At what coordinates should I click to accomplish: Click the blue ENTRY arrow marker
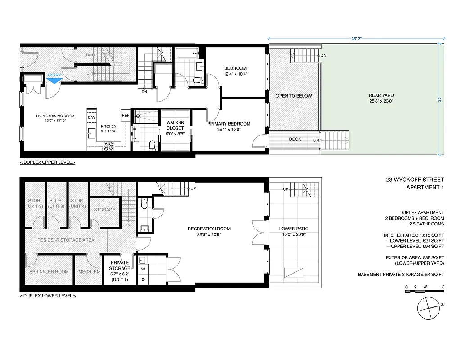tap(54, 80)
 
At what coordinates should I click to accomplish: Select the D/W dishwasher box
tap(92, 117)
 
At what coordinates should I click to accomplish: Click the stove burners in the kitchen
tap(109, 146)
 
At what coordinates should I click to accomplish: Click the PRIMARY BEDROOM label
tap(228, 124)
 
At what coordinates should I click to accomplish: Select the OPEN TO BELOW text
tap(294, 96)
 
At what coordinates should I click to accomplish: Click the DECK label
tap(295, 139)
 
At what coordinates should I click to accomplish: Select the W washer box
tap(143, 269)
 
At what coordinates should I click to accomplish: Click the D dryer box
tap(143, 279)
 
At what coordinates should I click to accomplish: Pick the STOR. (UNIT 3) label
tap(56, 203)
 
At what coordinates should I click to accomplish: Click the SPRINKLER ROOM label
tap(49, 272)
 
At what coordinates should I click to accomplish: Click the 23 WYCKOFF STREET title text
tap(415, 180)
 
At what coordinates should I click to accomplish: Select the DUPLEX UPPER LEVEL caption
tap(47, 162)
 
